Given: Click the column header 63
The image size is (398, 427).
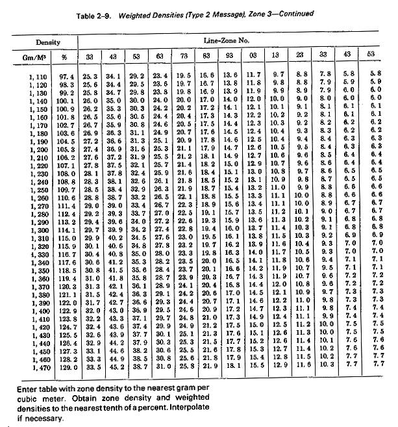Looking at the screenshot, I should pyautogui.click(x=160, y=56).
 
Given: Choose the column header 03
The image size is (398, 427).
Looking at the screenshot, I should pyautogui.click(x=255, y=56).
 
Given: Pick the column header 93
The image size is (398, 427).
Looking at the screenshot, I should pyautogui.click(x=231, y=56).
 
